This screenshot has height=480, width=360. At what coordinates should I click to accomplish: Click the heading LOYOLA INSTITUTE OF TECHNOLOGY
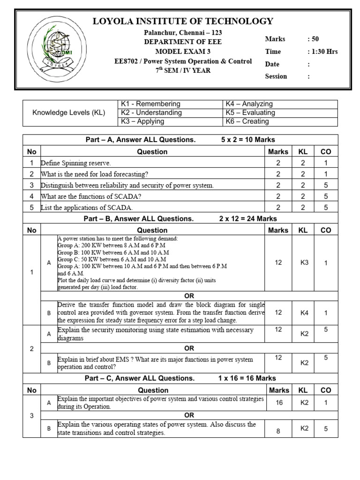click(x=183, y=21)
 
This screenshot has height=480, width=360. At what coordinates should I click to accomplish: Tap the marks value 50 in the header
click(x=313, y=39)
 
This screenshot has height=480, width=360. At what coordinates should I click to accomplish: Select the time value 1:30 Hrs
click(x=322, y=52)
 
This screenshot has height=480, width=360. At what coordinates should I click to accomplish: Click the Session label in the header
click(x=276, y=76)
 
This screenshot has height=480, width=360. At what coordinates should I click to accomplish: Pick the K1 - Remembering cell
click(x=150, y=104)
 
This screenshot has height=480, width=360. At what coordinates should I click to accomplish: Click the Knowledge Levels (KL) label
click(x=69, y=112)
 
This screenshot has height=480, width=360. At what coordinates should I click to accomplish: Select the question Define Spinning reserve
click(x=76, y=163)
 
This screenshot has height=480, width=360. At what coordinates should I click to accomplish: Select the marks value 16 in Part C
click(x=279, y=403)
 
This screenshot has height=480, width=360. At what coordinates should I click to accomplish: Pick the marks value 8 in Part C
click(x=278, y=431)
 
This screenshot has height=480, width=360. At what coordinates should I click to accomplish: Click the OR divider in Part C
click(x=189, y=415)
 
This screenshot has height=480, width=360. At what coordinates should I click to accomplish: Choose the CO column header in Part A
click(x=325, y=151)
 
